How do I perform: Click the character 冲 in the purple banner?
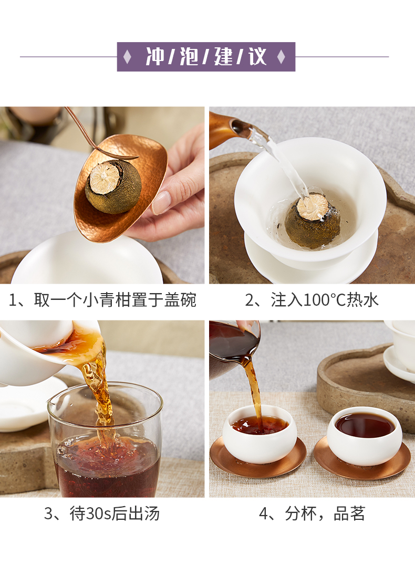(x=155, y=57)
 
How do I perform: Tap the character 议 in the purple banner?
(x=258, y=57)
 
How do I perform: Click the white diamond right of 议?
(x=282, y=57)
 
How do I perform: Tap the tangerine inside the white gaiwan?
(x=313, y=220)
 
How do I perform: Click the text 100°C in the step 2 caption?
(x=325, y=300)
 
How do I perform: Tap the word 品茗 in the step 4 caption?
(x=349, y=514)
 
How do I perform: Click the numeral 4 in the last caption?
(x=263, y=514)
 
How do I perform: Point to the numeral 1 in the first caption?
(x=13, y=300)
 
